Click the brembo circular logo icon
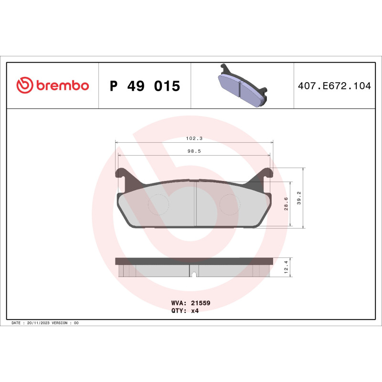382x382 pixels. click(24, 85)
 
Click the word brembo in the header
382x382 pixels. click(61, 86)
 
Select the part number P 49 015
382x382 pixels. click(145, 86)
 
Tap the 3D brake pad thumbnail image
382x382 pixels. click(242, 85)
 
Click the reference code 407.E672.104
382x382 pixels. click(334, 86)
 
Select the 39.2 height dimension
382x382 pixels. click(299, 198)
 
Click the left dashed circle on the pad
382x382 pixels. click(159, 205)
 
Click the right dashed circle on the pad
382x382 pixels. click(230, 205)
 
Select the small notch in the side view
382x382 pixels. click(194, 274)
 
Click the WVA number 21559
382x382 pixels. click(201, 303)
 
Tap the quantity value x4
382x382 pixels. click(195, 310)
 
